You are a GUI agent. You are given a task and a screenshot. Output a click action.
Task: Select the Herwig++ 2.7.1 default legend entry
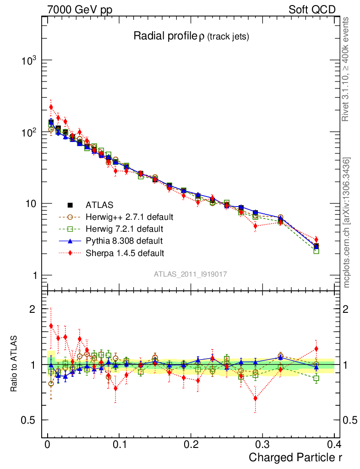click(129, 217)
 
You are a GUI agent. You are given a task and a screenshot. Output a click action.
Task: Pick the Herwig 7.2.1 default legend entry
click(124, 229)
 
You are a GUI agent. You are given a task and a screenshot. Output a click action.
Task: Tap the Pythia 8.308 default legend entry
click(124, 240)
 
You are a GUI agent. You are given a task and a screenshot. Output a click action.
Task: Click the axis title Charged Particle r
click(295, 457)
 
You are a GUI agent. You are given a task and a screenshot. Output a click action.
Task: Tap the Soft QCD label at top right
click(312, 10)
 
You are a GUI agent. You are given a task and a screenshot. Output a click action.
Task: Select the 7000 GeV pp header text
click(80, 10)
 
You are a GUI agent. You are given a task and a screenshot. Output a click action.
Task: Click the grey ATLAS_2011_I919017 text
click(191, 274)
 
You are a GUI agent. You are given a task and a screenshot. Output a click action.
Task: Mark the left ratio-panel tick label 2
click(33, 309)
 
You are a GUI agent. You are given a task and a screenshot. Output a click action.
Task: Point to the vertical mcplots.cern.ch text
click(347, 223)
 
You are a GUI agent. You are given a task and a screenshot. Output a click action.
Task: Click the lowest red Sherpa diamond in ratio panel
click(255, 398)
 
